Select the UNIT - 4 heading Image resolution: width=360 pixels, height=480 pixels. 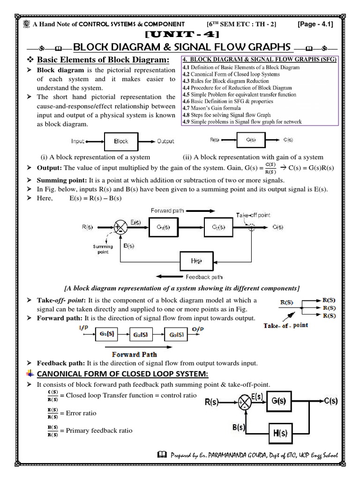tap(180, 35)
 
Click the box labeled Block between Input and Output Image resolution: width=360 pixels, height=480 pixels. tap(120, 141)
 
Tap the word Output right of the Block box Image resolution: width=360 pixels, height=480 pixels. tap(165, 141)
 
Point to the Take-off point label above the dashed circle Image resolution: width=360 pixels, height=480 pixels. tap(253, 215)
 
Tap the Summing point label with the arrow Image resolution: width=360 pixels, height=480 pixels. tap(103, 249)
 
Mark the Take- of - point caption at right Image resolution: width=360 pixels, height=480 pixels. tap(286, 325)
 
